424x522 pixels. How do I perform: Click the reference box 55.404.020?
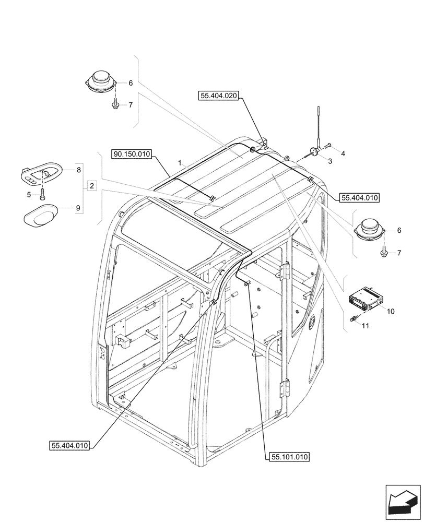[x=218, y=96]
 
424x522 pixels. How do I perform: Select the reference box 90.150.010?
[x=131, y=154]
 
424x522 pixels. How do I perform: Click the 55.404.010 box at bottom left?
[x=70, y=445]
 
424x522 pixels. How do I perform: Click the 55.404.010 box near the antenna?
[x=359, y=198]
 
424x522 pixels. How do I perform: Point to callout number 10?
[x=391, y=311]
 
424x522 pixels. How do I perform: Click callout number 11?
[x=365, y=326]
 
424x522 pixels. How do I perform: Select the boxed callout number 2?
[x=91, y=185]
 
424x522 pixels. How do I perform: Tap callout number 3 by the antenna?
[x=330, y=162]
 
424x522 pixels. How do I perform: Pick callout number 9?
[x=78, y=208]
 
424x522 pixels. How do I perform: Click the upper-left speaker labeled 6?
[x=100, y=81]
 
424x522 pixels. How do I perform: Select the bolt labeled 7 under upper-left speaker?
[x=115, y=105]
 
